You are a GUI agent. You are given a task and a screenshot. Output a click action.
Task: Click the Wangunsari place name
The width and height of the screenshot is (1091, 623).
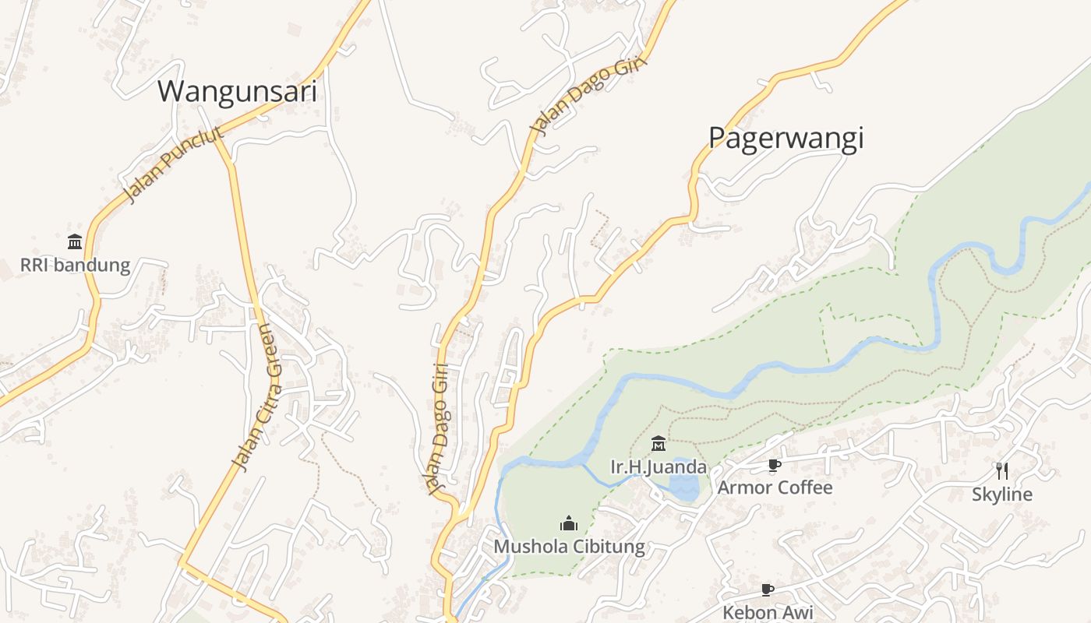[x=238, y=91]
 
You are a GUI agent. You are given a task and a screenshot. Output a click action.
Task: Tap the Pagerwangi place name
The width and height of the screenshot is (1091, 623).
[x=786, y=138]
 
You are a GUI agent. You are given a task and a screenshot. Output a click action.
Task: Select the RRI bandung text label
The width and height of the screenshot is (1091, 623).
[x=75, y=265]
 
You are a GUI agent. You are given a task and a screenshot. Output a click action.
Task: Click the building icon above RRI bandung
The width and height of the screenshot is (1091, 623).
[x=75, y=241]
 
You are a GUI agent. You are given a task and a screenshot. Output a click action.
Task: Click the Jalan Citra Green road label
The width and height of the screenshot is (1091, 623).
[x=263, y=397]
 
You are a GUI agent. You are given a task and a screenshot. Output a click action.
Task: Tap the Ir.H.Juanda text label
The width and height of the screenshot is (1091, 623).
[x=658, y=467]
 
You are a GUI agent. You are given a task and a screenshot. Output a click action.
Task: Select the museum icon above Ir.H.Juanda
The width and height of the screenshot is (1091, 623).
[x=658, y=444]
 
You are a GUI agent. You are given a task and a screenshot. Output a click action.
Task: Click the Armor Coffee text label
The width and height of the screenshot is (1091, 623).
[x=775, y=487]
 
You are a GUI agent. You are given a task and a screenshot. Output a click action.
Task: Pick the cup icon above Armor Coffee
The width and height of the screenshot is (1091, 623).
[x=774, y=465]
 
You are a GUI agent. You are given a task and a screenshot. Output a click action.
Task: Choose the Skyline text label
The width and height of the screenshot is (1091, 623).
[x=1001, y=495]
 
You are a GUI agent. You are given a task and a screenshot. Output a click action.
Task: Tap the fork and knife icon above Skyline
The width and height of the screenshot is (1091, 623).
[x=1001, y=470]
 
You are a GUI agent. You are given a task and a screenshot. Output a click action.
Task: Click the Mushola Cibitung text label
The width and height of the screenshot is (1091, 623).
[x=569, y=547]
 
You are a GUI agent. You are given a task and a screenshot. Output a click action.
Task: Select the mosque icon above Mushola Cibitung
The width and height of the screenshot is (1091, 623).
[x=569, y=523]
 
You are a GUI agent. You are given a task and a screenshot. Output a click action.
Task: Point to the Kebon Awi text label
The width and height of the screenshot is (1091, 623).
[x=768, y=612]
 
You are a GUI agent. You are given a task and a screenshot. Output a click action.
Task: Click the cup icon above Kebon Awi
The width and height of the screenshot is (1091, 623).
[x=768, y=590]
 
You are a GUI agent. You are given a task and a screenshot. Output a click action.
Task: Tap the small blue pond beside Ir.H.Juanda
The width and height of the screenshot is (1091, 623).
[x=684, y=487]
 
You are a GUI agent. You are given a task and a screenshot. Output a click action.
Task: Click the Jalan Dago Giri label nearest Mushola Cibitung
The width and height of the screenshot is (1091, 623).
[x=439, y=428]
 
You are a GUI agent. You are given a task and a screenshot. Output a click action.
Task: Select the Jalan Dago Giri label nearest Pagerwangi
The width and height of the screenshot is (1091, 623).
[x=589, y=96]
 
